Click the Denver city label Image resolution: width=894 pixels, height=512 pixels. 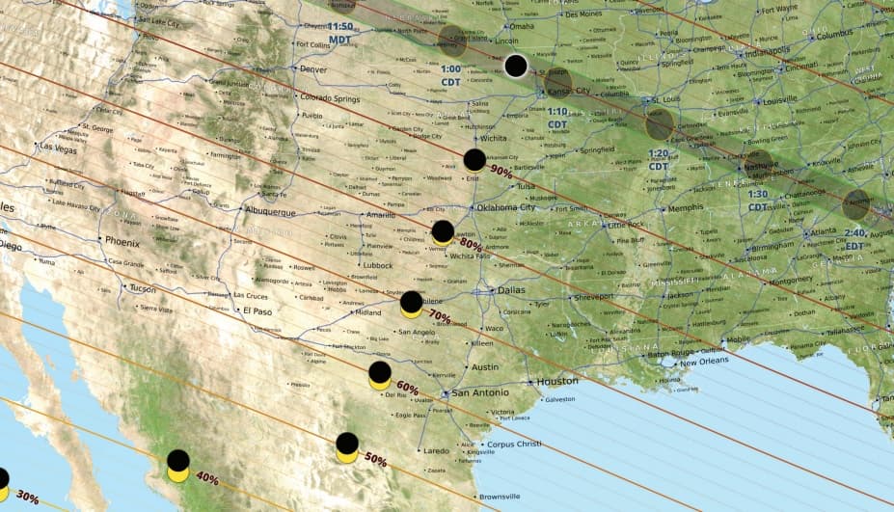point(313,69)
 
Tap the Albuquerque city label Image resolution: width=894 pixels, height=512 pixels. point(275,211)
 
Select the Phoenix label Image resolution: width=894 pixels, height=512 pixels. point(122,242)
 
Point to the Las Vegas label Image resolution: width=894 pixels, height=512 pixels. point(57,148)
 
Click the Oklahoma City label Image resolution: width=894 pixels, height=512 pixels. point(500,207)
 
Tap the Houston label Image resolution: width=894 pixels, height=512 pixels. point(557,381)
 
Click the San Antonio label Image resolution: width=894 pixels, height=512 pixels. point(480,393)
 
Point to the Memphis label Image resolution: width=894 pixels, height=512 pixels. point(686,207)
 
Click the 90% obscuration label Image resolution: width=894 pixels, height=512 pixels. point(501,171)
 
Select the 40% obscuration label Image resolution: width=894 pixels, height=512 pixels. point(206,476)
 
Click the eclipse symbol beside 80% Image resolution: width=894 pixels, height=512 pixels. point(443,231)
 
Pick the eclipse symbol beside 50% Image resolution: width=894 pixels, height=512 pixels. point(347,446)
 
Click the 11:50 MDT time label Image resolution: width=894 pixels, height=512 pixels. point(339,33)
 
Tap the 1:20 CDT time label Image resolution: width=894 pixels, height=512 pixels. point(659,159)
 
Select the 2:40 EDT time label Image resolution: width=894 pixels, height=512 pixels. point(855,239)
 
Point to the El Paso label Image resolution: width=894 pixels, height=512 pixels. point(257,311)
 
